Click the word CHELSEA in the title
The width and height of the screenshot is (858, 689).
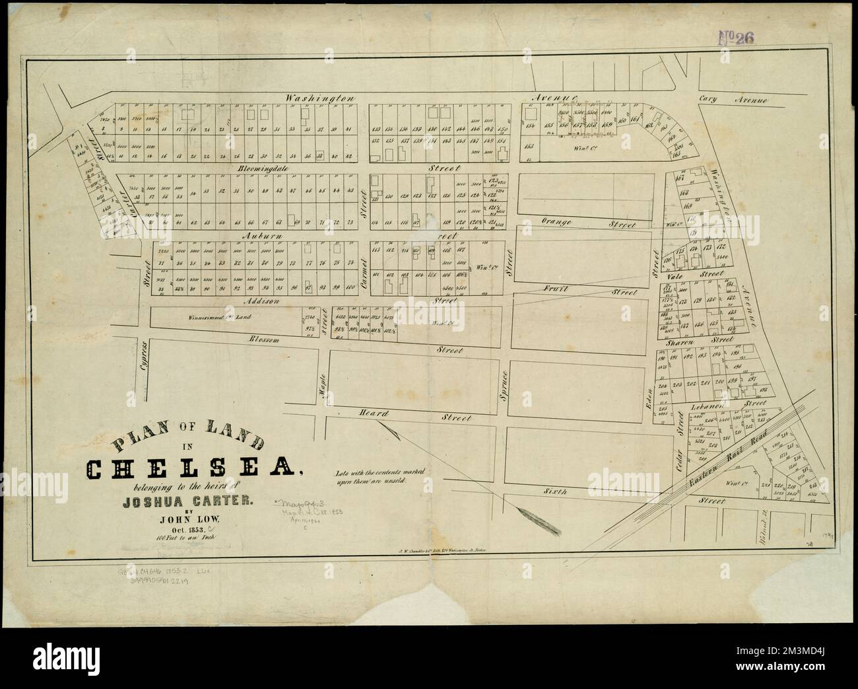[191, 469]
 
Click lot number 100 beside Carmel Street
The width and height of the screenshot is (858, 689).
[350, 286]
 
